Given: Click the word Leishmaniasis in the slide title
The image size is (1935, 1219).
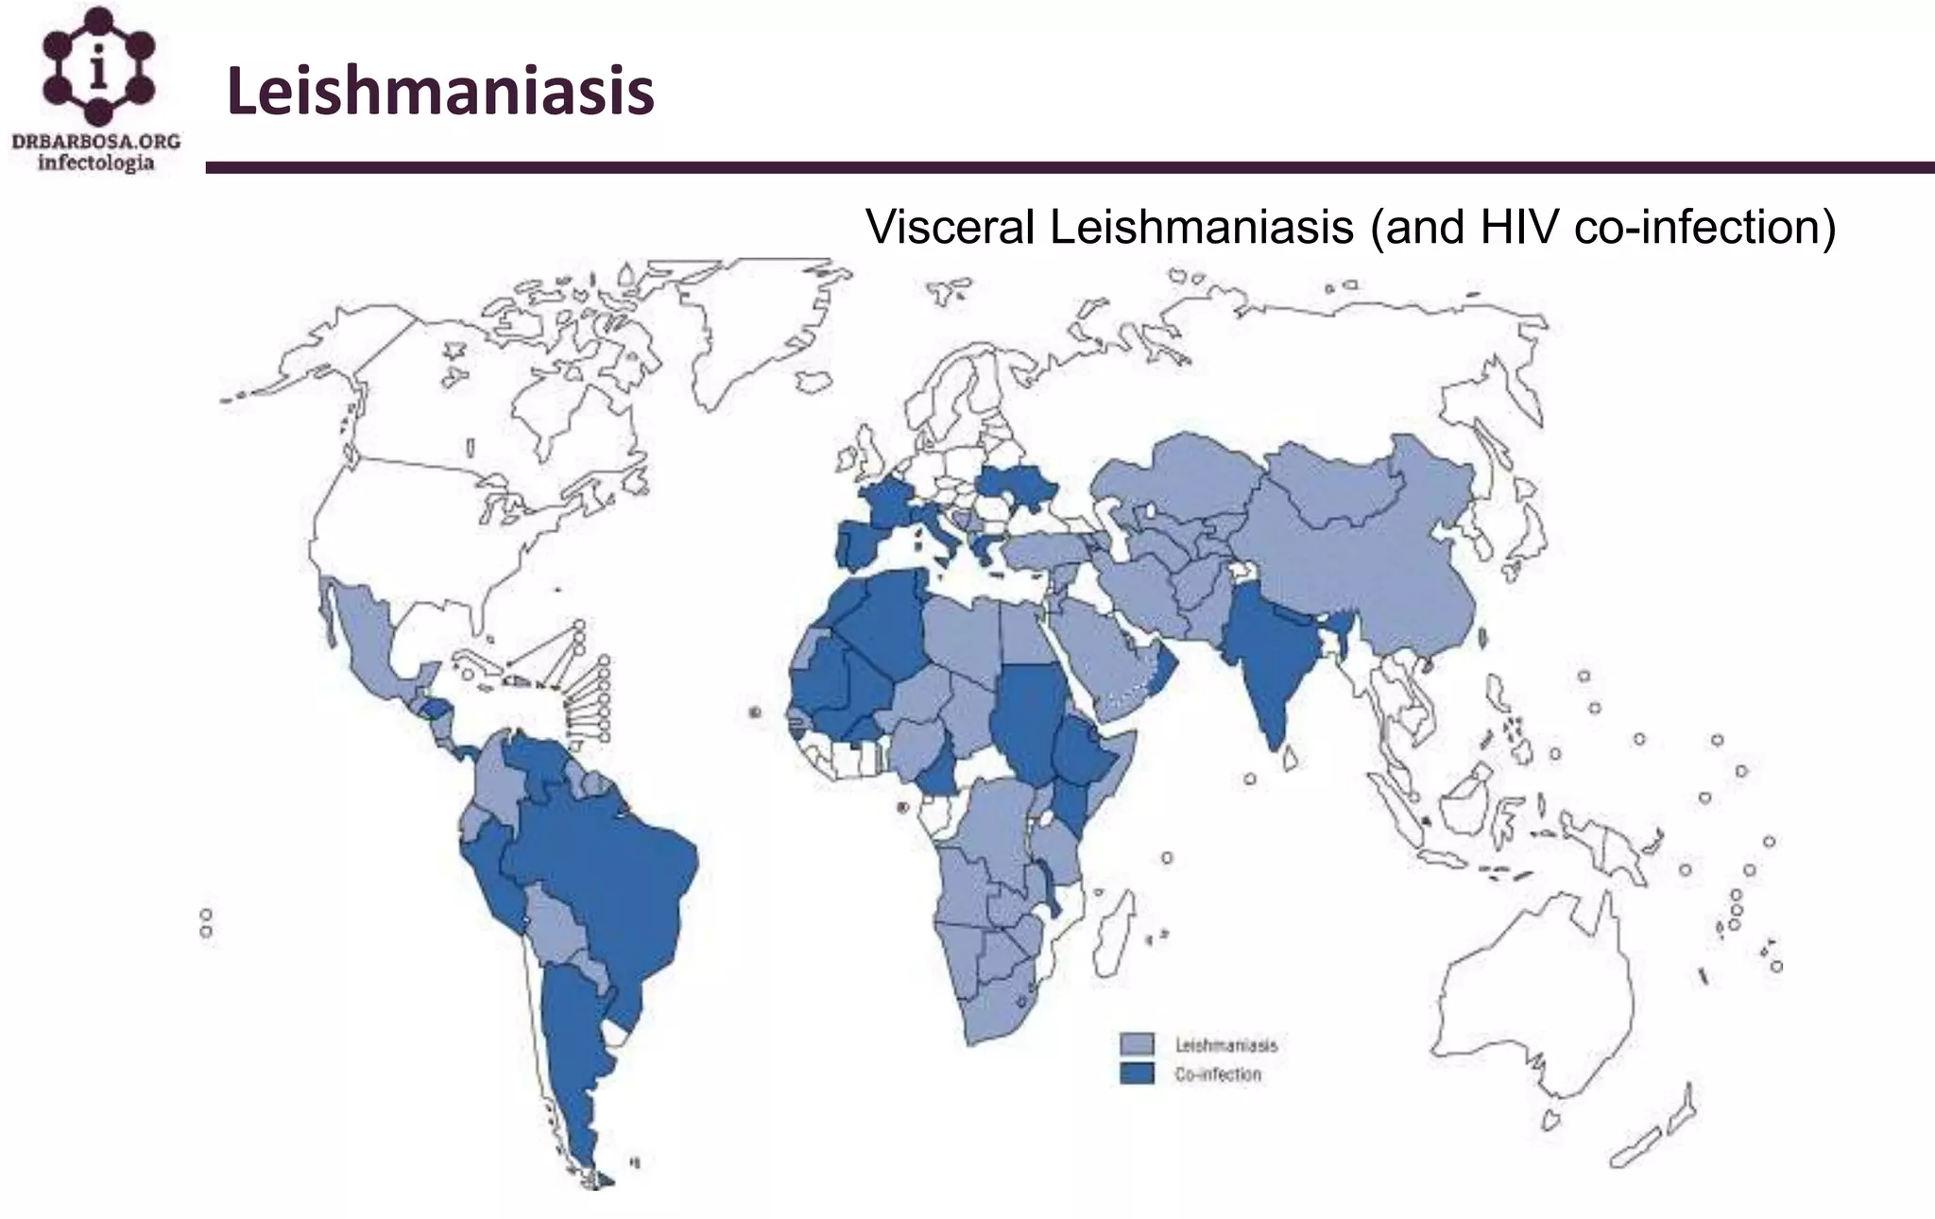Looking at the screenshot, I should pos(440,92).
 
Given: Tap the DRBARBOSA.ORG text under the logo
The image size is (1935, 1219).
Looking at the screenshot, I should pos(95,142).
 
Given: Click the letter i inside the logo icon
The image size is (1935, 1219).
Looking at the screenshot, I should pos(98,69).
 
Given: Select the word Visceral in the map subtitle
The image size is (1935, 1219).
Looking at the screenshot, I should pos(950,227).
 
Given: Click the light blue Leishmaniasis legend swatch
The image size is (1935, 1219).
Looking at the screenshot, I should pos(1137,1044).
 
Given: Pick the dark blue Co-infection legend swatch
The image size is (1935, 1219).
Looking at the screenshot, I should pos(1137,1073).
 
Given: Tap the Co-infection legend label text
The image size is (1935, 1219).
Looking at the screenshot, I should pos(1218,1074).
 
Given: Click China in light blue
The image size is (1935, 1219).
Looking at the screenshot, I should pos(1361,567).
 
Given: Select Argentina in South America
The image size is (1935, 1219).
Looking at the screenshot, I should pos(572,1049).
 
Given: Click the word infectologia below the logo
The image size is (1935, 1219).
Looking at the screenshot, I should pos(95,163).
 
